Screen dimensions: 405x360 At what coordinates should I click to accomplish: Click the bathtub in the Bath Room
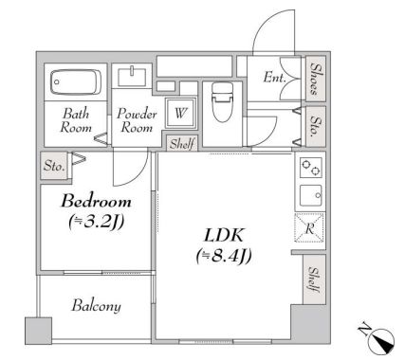76,82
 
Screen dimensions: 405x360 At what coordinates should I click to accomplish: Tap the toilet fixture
222,102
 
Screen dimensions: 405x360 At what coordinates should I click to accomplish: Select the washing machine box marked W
180,113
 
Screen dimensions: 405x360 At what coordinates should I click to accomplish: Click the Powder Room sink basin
132,76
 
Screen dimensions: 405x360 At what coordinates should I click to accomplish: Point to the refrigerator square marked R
309,227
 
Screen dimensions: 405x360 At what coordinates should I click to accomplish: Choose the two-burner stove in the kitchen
311,168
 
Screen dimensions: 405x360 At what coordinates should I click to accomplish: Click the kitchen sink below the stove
311,195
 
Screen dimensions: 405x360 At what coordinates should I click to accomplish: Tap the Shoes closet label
316,79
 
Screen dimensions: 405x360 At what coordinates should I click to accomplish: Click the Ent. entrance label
275,78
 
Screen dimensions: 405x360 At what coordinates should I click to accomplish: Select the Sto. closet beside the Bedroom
54,166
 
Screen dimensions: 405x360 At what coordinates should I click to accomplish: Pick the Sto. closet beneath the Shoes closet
316,127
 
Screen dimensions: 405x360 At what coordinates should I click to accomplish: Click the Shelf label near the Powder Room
182,144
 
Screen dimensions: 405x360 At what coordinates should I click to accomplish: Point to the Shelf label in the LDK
314,279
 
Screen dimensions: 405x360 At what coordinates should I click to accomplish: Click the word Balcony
97,306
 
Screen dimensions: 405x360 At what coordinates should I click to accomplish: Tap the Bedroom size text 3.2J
96,221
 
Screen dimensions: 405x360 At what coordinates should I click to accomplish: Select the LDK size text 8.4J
224,255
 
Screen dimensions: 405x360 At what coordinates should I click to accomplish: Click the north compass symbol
381,338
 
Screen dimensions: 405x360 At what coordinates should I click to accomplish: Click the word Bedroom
96,201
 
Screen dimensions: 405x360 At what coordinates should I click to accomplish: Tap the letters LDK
224,235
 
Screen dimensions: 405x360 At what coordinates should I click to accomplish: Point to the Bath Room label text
76,120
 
